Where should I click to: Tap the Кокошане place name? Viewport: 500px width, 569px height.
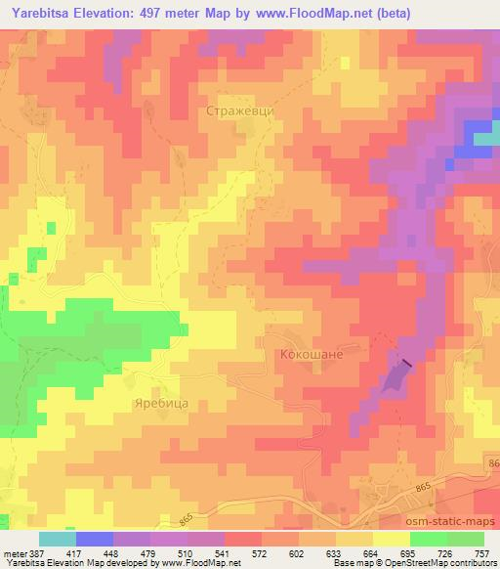click(x=312, y=355)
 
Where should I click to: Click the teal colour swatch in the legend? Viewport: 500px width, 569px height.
click(x=57, y=538)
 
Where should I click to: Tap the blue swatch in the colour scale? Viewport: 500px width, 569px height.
click(x=94, y=538)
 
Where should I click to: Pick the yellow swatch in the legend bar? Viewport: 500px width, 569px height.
click(x=391, y=538)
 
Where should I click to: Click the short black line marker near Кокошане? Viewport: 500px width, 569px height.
click(x=406, y=364)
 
